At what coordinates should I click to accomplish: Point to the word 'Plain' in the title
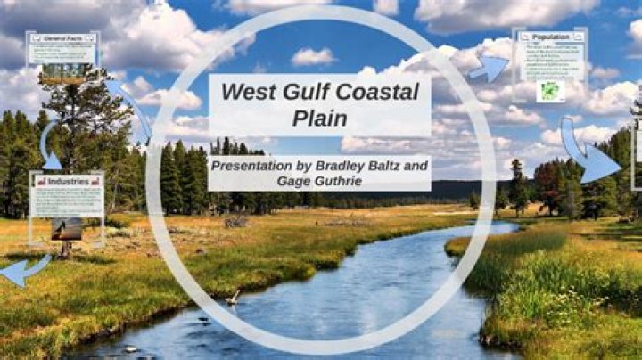coord(319,119)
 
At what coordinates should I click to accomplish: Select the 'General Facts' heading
coord(62,38)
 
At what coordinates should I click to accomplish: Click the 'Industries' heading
coord(68,181)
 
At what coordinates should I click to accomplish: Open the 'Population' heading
coord(550,37)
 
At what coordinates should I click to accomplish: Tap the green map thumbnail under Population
coord(550,91)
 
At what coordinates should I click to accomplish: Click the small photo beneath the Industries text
coord(66,229)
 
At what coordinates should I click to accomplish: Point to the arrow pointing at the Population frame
coord(489,68)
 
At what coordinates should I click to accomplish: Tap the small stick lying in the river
coord(235,296)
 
